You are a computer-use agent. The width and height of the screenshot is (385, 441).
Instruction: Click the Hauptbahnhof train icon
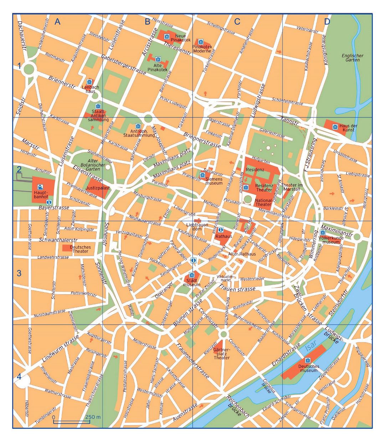tap(40, 186)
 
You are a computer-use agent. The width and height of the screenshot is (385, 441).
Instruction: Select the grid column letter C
tap(237, 22)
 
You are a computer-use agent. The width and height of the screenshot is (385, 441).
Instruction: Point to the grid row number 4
tap(19, 377)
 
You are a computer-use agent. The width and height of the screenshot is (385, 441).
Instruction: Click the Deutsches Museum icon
tap(308, 360)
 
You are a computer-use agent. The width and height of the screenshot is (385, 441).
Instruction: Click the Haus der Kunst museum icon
tap(335, 127)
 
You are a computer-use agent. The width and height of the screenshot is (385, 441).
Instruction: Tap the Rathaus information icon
tap(221, 230)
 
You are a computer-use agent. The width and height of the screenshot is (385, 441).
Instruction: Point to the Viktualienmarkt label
tap(225, 279)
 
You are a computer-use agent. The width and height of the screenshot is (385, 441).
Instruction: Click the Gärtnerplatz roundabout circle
tap(224, 334)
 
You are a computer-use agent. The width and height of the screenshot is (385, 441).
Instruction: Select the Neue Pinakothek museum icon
tap(166, 37)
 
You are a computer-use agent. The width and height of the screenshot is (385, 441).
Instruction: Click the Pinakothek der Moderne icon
tap(201, 42)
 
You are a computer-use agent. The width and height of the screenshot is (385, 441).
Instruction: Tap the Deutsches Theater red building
tap(66, 247)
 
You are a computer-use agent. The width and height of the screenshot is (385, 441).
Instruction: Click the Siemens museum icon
tap(202, 175)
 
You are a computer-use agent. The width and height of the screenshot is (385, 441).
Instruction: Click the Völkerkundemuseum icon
tap(323, 233)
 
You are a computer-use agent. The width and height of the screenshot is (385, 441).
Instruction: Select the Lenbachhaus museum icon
tap(89, 82)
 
